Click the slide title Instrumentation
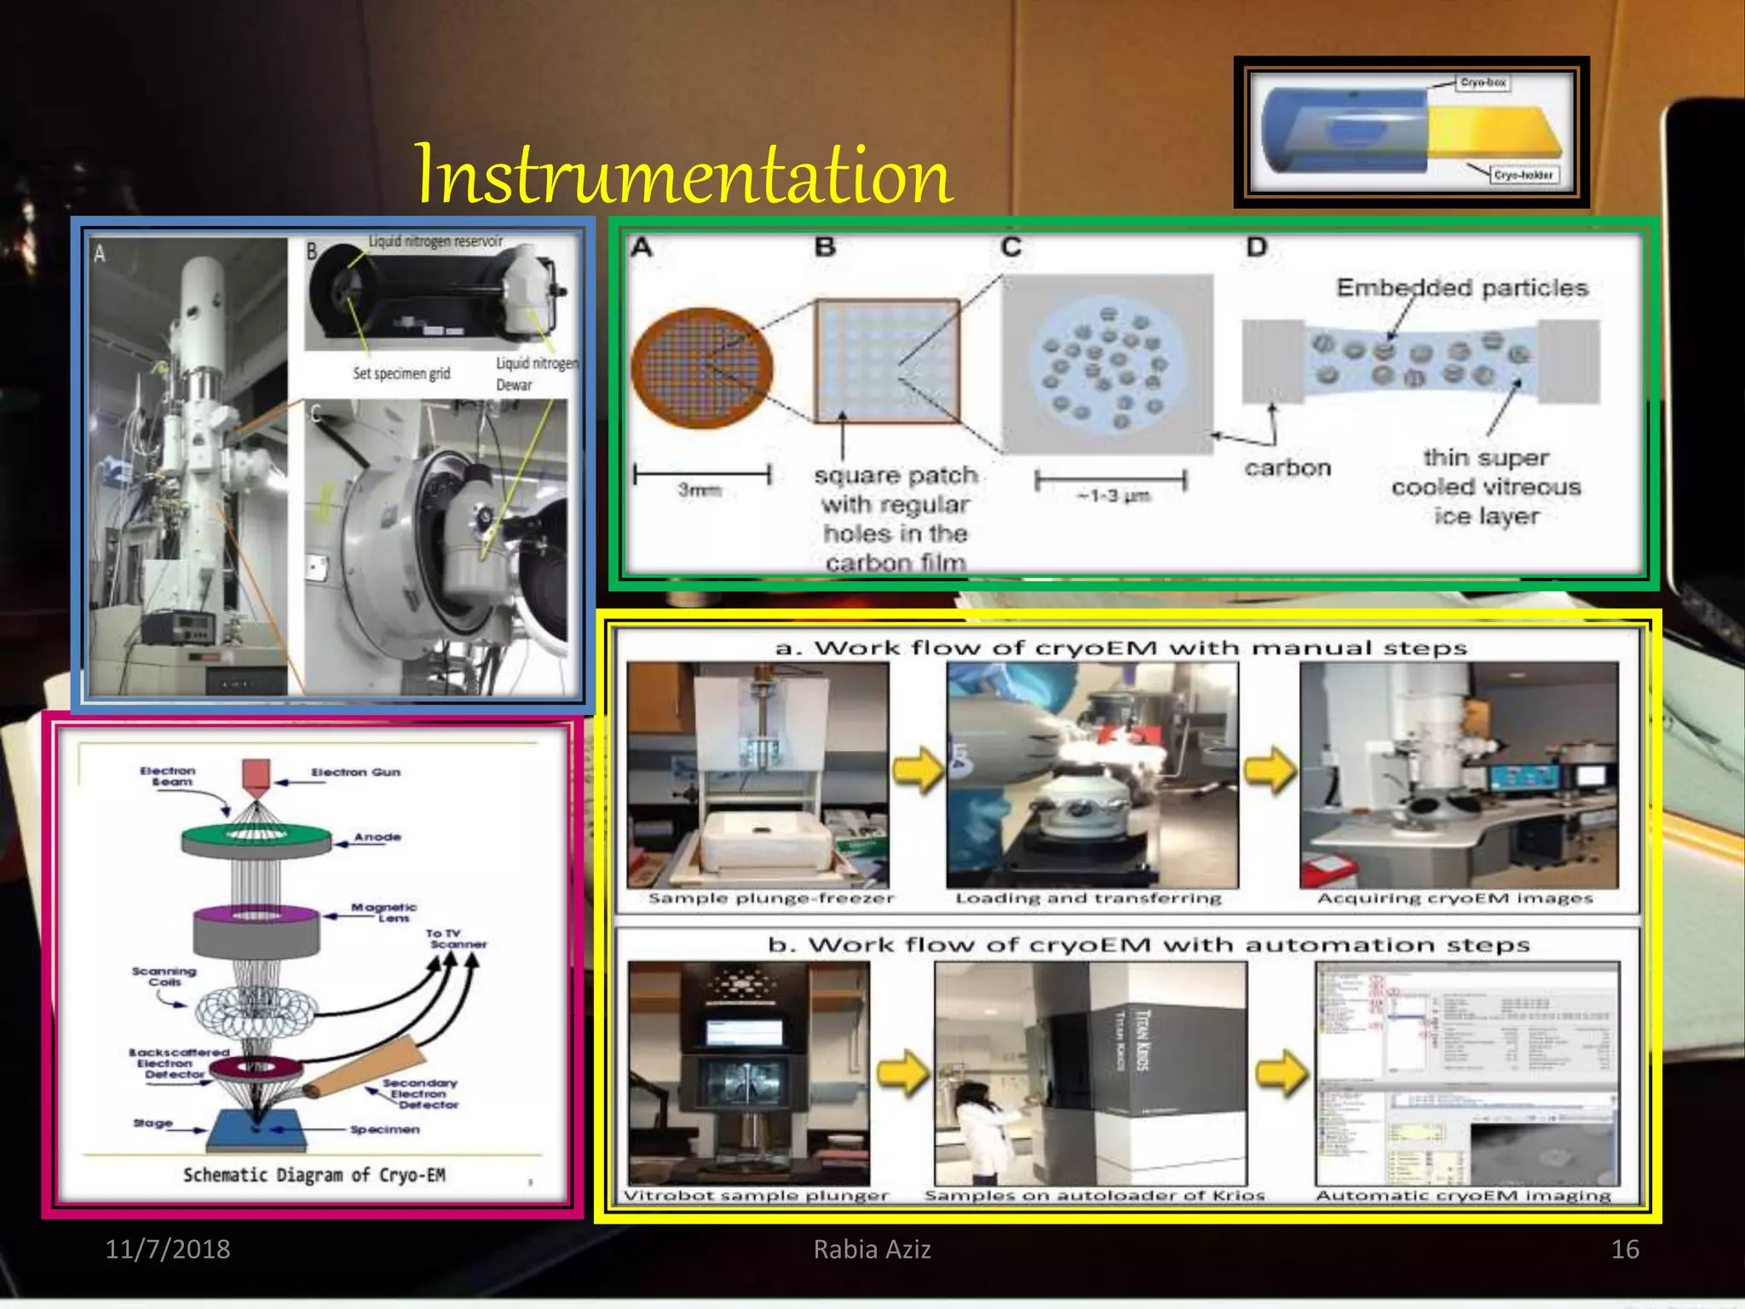tap(682, 175)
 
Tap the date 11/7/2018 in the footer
tap(167, 1248)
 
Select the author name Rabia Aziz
tap(872, 1248)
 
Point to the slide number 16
tap(1624, 1248)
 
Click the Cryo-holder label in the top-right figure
tap(1523, 175)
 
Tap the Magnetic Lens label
tap(384, 913)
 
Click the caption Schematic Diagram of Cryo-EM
tap(314, 1175)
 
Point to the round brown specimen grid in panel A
tap(701, 368)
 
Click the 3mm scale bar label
tap(699, 490)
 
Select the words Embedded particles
tap(1461, 288)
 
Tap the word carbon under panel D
tap(1287, 468)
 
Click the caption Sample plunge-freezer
tap(770, 898)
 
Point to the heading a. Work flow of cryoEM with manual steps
tap(1120, 649)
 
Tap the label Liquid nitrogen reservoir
tap(435, 242)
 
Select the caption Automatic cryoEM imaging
tap(1462, 1196)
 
